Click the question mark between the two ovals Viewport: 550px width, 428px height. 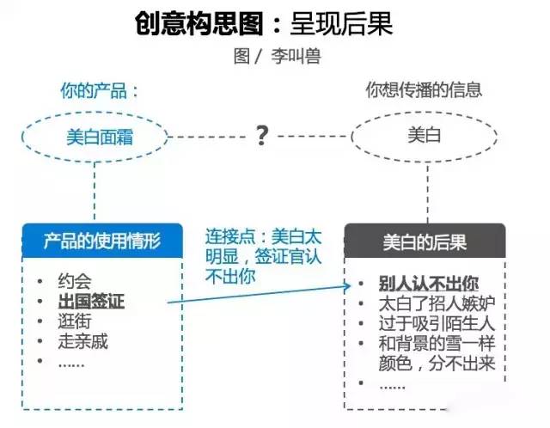tap(261, 135)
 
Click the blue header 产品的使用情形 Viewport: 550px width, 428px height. tap(102, 241)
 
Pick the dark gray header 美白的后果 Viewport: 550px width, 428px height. tap(425, 241)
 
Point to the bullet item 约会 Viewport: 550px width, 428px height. tap(75, 281)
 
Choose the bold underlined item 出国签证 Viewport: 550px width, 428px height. tap(91, 302)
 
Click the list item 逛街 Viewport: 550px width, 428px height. tap(75, 321)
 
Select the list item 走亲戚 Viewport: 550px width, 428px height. tap(82, 341)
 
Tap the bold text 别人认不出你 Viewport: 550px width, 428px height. tap(429, 284)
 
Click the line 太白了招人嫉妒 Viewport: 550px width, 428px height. tap(437, 303)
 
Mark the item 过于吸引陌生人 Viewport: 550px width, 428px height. tap(437, 323)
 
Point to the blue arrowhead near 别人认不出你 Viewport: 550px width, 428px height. tap(347, 286)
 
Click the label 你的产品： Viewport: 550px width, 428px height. tap(100, 91)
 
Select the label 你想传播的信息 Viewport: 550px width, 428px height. tap(424, 89)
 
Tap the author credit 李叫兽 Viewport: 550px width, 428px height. tap(296, 56)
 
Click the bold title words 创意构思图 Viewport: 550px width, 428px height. tap(199, 23)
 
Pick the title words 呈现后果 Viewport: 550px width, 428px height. tap(341, 23)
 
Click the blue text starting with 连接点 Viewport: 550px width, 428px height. tap(263, 256)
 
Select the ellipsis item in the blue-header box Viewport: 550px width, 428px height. tap(71, 365)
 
